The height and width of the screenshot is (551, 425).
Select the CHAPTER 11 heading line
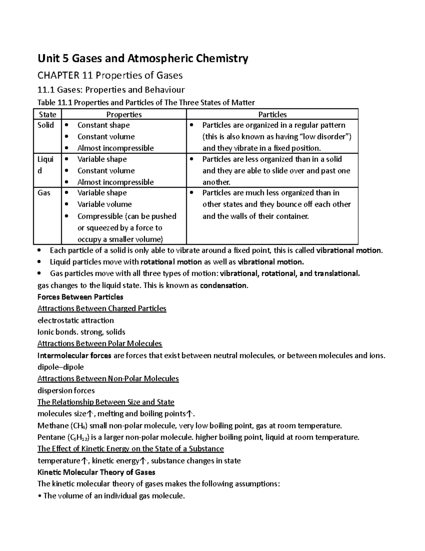coord(110,75)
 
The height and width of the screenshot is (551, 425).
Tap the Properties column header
coord(124,114)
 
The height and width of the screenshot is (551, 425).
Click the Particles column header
coord(272,114)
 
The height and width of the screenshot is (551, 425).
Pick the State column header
coord(47,114)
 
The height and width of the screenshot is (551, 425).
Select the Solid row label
coord(46,125)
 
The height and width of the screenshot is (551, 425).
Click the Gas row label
coord(44,193)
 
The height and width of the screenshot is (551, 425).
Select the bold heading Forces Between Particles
coord(80,297)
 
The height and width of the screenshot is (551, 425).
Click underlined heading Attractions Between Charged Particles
coord(102,309)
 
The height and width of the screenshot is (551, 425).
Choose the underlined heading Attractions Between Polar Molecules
coord(100,343)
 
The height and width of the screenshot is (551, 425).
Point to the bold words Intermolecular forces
coord(74,356)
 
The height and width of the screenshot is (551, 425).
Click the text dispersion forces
coord(66,391)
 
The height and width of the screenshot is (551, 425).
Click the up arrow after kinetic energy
coord(142,461)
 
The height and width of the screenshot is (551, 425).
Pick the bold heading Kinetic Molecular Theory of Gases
coord(96,472)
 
